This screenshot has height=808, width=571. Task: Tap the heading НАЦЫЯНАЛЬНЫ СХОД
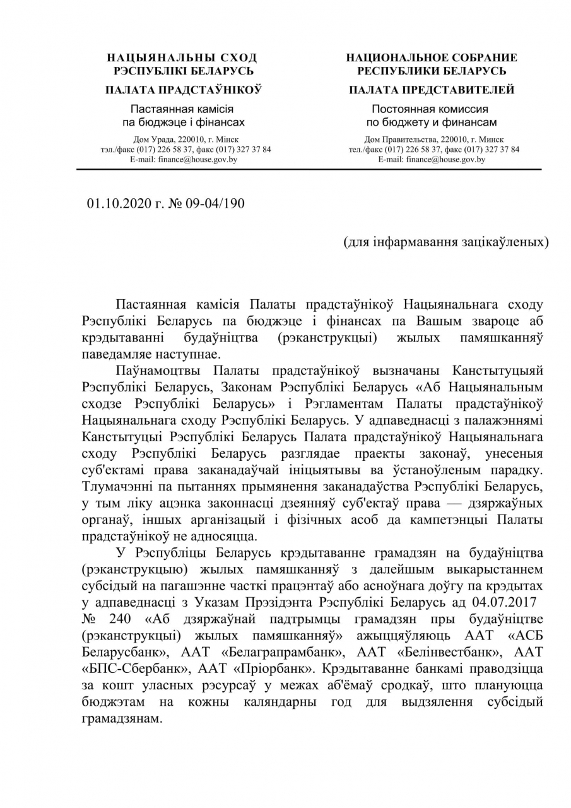(183, 58)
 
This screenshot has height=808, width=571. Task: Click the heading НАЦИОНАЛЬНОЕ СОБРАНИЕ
(432, 58)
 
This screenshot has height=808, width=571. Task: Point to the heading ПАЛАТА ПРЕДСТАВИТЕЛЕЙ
(432, 90)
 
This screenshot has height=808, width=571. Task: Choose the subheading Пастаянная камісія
(183, 109)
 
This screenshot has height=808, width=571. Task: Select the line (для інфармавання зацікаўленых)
(445, 242)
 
